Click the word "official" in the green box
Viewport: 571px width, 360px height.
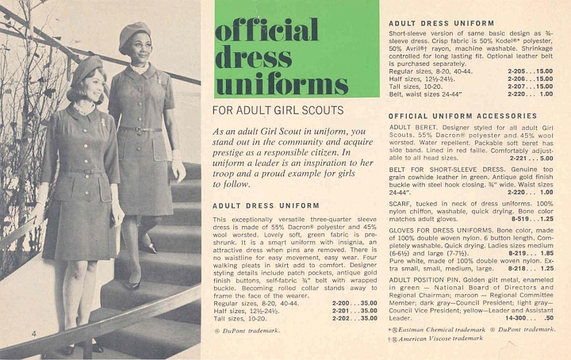(266, 29)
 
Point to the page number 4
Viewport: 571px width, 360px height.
(34, 334)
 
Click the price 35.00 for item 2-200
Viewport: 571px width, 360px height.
(366, 303)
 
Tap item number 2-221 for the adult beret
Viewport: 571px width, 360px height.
(519, 158)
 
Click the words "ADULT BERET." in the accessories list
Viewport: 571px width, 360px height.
(411, 127)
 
